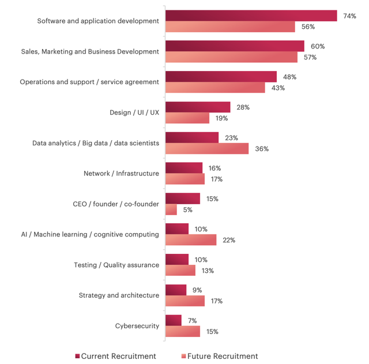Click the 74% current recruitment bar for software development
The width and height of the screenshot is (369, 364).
pos(251,16)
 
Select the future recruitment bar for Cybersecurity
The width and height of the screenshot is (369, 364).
pos(182,332)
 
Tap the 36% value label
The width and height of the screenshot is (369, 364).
pos(262,149)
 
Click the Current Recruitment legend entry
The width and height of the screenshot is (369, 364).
pos(115,356)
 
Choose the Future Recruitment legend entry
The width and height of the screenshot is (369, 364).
pos(219,356)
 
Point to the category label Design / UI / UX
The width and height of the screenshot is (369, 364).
pos(134,112)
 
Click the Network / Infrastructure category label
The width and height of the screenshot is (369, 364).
pos(121,173)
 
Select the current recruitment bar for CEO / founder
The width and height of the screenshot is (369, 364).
pos(182,198)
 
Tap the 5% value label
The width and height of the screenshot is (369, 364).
pos(188,210)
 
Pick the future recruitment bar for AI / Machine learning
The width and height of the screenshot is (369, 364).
pos(190,240)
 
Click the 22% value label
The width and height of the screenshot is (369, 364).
pos(229,240)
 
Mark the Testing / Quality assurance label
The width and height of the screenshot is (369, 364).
pos(116,265)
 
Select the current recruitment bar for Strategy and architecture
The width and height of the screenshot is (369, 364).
pos(175,290)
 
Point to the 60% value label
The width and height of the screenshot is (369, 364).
pos(318,46)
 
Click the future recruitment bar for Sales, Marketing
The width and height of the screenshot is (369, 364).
pos(231,57)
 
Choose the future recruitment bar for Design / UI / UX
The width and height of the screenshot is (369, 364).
pos(187,118)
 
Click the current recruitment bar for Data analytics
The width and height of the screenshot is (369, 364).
pos(191,137)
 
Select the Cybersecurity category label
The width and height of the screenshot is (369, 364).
pos(137,326)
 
